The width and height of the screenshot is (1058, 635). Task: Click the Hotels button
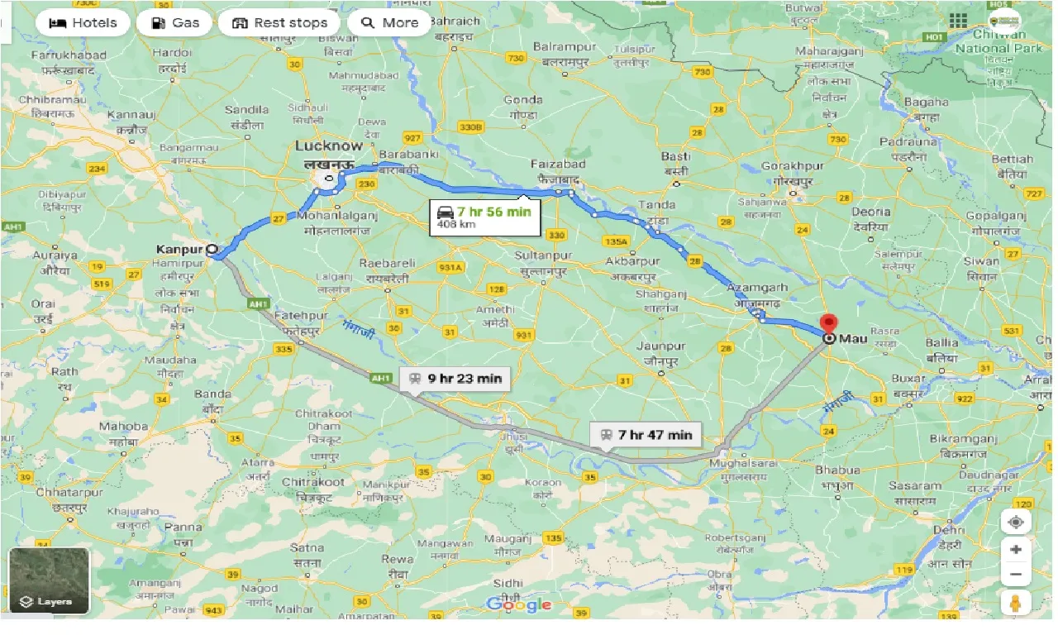click(x=83, y=22)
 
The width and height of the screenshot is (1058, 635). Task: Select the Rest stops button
click(x=279, y=22)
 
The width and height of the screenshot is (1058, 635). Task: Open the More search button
click(x=389, y=22)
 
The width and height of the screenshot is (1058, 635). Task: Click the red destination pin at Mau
click(x=828, y=324)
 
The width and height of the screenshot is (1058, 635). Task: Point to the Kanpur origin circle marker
click(x=212, y=248)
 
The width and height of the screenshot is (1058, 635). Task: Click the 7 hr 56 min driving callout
click(x=484, y=217)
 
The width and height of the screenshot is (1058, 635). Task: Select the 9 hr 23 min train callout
click(x=455, y=379)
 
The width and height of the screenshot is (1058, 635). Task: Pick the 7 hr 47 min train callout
click(x=646, y=434)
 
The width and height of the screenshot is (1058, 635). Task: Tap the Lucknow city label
click(x=329, y=146)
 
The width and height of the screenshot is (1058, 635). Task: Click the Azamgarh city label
click(x=757, y=288)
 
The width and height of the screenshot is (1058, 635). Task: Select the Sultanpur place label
click(x=542, y=257)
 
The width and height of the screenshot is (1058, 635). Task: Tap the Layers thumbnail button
click(x=49, y=580)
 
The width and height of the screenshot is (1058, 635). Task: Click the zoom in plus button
click(x=1016, y=550)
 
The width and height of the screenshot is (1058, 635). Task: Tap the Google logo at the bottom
click(x=518, y=605)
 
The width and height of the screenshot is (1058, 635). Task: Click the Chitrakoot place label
click(x=313, y=482)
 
